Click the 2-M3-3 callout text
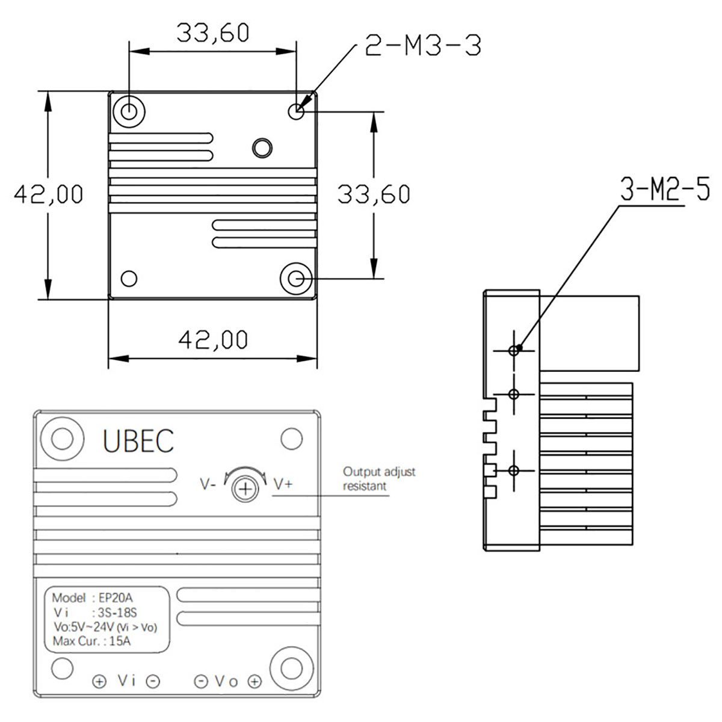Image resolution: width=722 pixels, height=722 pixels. coord(423,46)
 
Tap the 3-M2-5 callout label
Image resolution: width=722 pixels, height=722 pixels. coord(665,190)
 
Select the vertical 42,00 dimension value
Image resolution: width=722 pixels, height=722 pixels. coord(49,194)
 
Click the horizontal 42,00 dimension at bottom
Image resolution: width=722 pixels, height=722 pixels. coord(213,340)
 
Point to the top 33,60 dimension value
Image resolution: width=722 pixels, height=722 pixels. coord(212,33)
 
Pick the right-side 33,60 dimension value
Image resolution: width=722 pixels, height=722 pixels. coord(374,194)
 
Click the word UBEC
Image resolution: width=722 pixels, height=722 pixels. coord(138,441)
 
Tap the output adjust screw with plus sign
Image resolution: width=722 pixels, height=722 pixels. coord(245,489)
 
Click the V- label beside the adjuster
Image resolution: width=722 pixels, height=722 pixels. coord(208,484)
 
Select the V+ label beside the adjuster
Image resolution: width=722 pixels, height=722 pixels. coord(283,484)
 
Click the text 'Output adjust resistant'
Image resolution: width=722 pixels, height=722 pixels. coord(379,479)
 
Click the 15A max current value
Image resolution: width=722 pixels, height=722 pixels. coord(120,641)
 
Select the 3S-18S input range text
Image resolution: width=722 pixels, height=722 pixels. coord(117,613)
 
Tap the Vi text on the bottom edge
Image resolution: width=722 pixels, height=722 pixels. coord(126,680)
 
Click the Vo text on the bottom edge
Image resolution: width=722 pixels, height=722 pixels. coord(227,681)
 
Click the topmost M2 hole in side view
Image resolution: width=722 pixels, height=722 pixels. coord(513,350)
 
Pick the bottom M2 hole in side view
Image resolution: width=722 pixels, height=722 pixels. coord(513,471)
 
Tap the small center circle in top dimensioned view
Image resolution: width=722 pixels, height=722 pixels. coord(262,147)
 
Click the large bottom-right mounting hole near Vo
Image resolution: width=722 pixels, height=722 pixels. coord(292,668)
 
